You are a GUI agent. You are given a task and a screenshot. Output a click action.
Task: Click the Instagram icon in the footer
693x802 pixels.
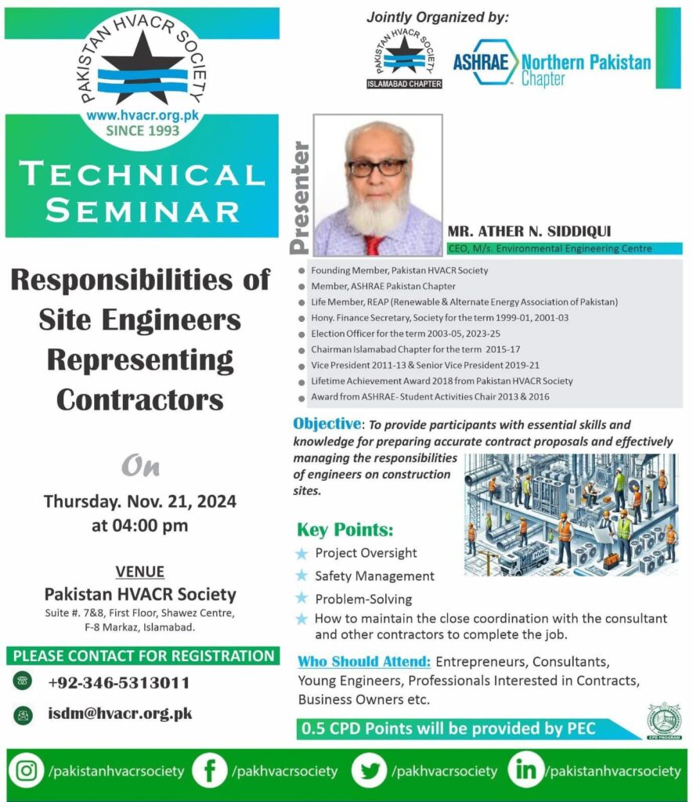click(27, 771)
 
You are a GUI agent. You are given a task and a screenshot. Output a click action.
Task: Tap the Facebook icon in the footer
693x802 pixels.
click(210, 771)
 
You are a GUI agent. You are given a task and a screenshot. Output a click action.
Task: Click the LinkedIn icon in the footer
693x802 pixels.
click(525, 771)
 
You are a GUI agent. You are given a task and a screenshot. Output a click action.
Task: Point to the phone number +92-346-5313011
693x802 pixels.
click(118, 682)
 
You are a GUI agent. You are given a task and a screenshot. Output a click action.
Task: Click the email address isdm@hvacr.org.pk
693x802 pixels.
click(120, 713)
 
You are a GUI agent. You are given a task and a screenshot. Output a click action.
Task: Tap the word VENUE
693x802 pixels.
click(140, 572)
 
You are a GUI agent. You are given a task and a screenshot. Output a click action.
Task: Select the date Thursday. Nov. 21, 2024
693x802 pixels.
click(140, 500)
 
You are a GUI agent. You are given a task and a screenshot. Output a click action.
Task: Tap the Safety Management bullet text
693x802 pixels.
click(374, 576)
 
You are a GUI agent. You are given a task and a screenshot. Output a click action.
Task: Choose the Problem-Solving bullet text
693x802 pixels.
click(363, 599)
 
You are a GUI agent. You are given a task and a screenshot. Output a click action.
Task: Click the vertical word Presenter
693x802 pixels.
click(300, 197)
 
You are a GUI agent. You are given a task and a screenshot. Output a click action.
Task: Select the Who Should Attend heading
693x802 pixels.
click(364, 661)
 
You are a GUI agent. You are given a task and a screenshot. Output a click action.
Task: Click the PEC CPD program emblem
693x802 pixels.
click(664, 720)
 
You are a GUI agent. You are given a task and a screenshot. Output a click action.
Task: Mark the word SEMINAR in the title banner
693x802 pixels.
click(142, 210)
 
